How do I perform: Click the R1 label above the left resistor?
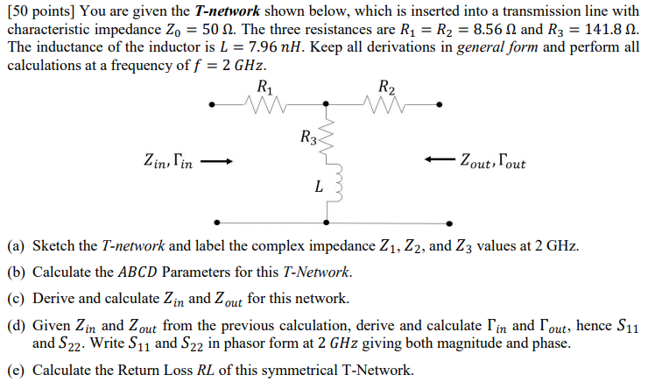coord(266,87)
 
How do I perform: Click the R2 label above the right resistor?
coord(387,87)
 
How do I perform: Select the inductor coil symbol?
coord(329,184)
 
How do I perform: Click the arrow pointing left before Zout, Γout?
coord(440,161)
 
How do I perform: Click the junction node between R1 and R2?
coord(326,105)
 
